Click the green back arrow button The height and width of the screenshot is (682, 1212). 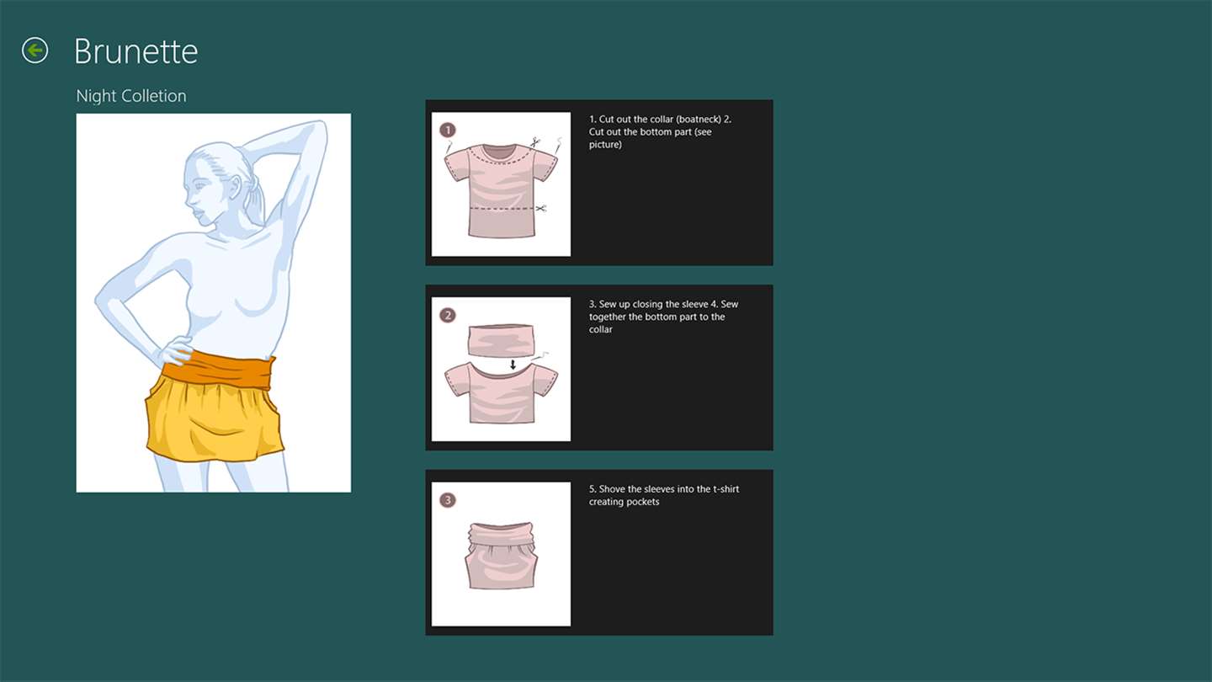(x=35, y=51)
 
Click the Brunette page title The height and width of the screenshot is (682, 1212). (x=136, y=51)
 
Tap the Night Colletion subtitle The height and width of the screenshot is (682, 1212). (x=131, y=96)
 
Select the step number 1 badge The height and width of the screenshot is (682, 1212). (x=448, y=130)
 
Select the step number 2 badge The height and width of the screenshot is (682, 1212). (x=448, y=315)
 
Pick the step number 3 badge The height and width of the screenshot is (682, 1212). (x=448, y=500)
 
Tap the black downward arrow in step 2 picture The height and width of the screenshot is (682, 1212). (x=513, y=365)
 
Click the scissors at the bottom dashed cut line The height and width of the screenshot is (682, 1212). (x=541, y=209)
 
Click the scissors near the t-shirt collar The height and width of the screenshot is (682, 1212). (x=535, y=142)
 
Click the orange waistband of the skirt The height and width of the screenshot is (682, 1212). (x=219, y=369)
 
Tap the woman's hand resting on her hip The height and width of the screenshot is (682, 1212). (x=174, y=350)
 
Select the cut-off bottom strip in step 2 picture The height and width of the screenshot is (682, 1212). (x=501, y=340)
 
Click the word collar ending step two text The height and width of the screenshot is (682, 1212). (x=601, y=329)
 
